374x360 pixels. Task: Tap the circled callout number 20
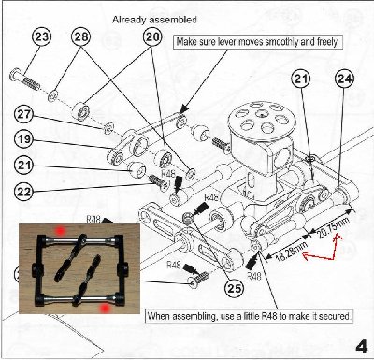[x=151, y=36]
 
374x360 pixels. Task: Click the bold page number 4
[x=360, y=341]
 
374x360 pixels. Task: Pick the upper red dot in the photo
[x=59, y=228]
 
